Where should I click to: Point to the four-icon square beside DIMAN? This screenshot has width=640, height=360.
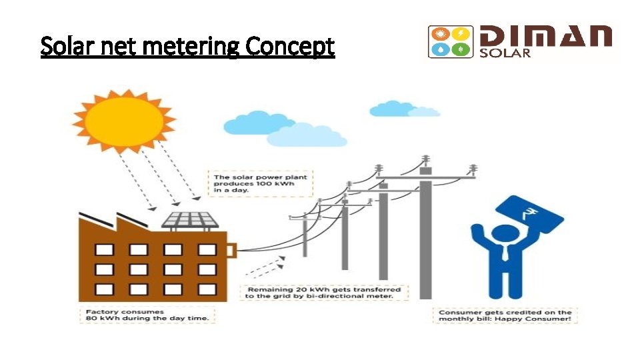click(450, 42)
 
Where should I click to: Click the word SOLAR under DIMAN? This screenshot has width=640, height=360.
click(505, 53)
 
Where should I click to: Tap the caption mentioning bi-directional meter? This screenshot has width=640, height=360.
click(324, 293)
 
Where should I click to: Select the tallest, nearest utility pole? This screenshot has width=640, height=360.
click(425, 233)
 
